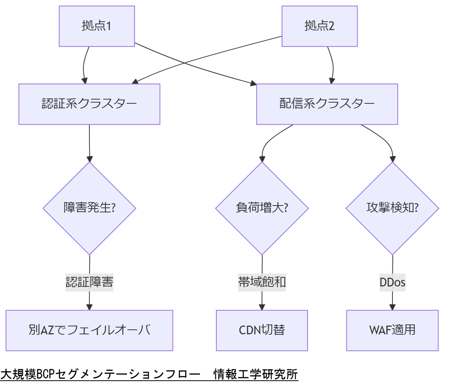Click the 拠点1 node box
click(97, 26)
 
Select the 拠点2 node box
click(319, 26)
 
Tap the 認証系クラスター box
click(89, 104)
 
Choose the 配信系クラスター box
click(327, 104)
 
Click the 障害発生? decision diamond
click(89, 208)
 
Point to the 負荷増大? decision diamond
click(262, 208)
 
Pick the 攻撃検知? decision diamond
click(392, 208)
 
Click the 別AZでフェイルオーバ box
click(89, 330)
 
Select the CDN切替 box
click(262, 330)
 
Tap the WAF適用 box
click(392, 330)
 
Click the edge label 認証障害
click(89, 282)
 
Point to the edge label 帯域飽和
click(262, 282)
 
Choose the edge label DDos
click(392, 282)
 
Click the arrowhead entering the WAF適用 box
click(392, 307)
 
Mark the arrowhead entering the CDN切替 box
click(262, 307)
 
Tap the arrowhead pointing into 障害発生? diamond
click(90, 159)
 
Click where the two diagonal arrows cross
click(184, 63)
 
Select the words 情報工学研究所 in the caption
click(256, 374)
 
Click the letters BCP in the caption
click(46, 374)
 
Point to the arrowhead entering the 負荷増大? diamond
click(262, 159)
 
